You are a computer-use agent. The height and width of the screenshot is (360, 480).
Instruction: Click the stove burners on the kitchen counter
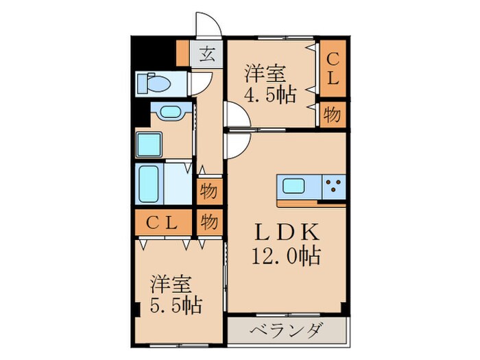[333, 186]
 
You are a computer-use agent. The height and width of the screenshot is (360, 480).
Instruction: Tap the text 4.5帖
[272, 95]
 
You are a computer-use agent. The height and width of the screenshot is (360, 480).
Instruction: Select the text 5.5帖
[177, 303]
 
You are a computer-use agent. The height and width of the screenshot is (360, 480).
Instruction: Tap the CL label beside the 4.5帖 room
[332, 69]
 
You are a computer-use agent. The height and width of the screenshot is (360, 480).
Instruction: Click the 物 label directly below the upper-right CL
[332, 115]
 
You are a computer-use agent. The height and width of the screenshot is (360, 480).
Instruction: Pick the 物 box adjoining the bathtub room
[208, 192]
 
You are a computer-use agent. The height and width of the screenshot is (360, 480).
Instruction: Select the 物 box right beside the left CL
[209, 223]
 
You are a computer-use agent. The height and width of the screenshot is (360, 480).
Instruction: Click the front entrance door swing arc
[208, 26]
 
